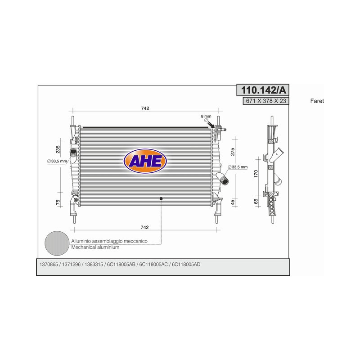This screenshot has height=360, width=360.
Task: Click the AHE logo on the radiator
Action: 145,161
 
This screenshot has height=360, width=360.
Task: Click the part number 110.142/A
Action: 263,90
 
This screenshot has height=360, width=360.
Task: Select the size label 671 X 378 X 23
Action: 266,101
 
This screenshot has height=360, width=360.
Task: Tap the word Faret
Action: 317,101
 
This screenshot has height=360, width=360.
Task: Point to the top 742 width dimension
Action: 145,108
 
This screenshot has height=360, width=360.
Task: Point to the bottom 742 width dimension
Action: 144,227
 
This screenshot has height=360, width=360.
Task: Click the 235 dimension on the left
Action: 58,149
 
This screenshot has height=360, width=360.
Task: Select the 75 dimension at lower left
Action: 58,202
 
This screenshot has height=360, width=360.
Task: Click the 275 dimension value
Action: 233,152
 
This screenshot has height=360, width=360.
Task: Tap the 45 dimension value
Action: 233,202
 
